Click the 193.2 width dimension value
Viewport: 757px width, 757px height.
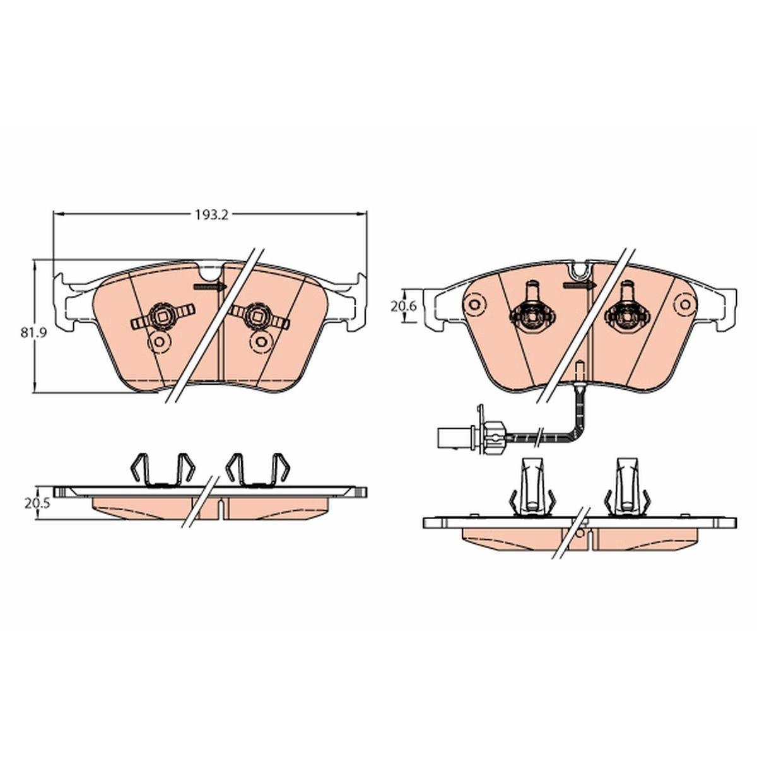coord(211,215)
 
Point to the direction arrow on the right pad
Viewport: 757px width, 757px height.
coord(578,285)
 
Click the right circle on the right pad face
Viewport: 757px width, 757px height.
coord(686,304)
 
